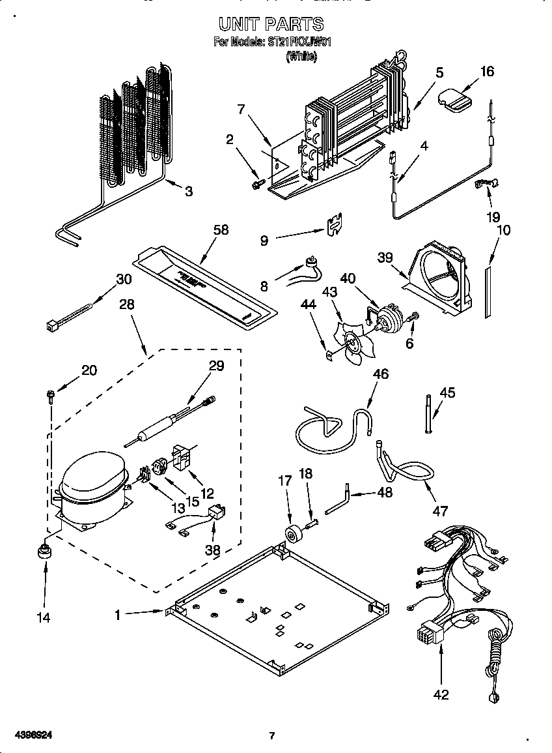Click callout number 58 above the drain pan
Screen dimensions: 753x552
(x=221, y=229)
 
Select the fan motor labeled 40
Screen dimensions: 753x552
(x=390, y=319)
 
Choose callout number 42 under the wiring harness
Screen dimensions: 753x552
(x=441, y=694)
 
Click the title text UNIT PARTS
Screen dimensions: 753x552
(x=271, y=25)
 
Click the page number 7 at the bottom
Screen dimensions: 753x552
(x=272, y=736)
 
